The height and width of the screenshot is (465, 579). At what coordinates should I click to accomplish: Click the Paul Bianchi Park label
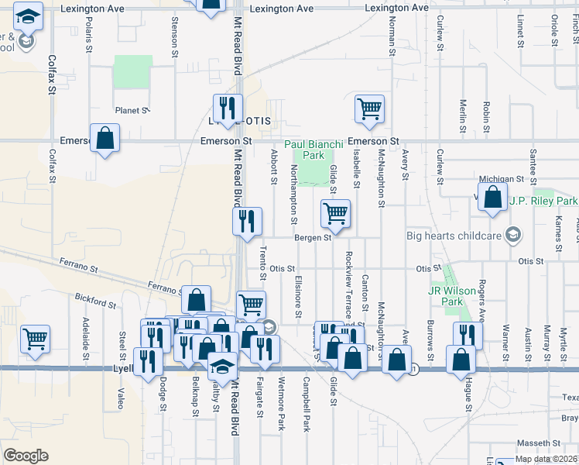tap(303, 150)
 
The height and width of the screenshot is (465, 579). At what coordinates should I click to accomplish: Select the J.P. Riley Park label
tap(543, 201)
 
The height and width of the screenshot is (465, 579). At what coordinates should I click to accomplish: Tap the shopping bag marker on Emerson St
tap(104, 139)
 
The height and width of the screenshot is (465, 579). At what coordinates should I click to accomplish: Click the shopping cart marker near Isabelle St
tap(370, 109)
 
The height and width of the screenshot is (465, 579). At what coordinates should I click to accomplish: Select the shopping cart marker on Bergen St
tap(335, 213)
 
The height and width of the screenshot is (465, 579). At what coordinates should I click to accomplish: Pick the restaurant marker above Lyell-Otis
tap(228, 108)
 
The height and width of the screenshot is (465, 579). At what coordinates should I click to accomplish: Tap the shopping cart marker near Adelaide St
tap(35, 339)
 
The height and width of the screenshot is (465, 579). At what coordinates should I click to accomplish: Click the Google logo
tap(26, 456)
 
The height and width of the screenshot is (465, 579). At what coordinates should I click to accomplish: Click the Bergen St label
tap(313, 238)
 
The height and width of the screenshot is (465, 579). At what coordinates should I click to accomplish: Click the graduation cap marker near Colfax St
tap(29, 18)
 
